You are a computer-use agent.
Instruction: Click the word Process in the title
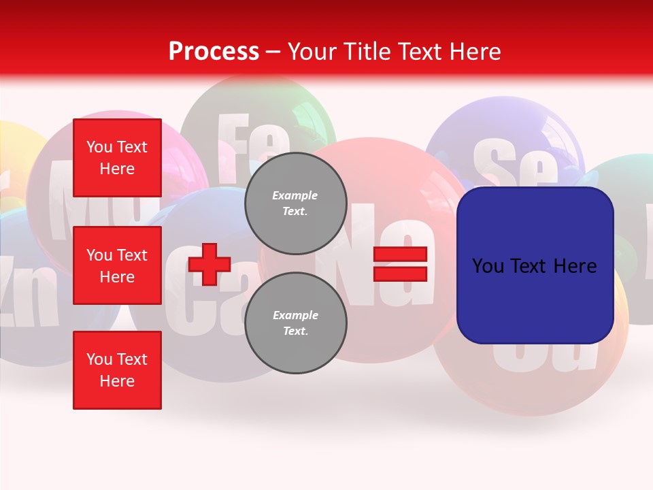[214, 52]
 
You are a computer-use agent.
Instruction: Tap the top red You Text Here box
[117, 158]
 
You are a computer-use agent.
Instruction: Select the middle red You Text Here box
[117, 265]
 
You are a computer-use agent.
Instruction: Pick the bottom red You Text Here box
[117, 370]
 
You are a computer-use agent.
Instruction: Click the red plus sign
[210, 263]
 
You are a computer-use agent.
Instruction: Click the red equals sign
[400, 264]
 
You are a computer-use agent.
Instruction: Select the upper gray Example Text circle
[295, 203]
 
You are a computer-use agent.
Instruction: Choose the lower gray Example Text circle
[295, 323]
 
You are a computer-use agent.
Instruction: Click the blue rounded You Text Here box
[535, 265]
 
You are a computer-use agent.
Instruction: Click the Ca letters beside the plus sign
[204, 299]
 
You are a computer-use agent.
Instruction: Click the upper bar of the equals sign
[400, 255]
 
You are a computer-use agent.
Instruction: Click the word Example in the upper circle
[295, 195]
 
